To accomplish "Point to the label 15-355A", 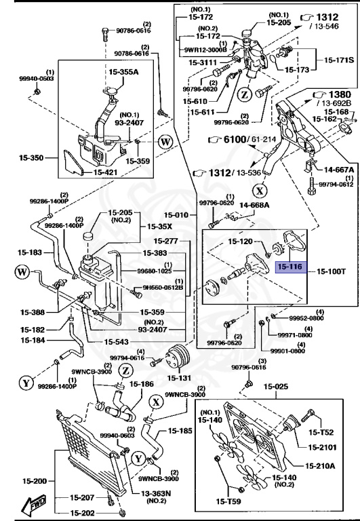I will [123, 71].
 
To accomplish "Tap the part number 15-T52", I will [322, 432].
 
